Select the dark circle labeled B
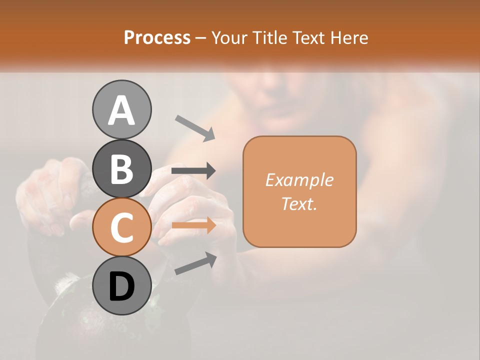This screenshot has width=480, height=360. [x=121, y=168]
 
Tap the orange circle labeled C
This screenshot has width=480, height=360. [x=121, y=227]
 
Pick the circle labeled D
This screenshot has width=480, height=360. [x=121, y=286]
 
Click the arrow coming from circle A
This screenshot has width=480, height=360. [x=195, y=127]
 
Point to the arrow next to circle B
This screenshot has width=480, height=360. [x=193, y=171]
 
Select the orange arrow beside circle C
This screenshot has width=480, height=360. [x=193, y=225]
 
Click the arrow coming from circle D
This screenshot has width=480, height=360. [x=195, y=263]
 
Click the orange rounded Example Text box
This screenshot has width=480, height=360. [x=299, y=191]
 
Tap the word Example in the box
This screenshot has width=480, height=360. [x=299, y=180]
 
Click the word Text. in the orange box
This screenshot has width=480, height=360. [x=299, y=203]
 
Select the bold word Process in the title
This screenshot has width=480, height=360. [x=157, y=37]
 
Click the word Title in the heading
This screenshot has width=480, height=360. [x=269, y=37]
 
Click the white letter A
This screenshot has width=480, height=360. [x=121, y=110]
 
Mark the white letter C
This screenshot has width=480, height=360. [x=121, y=228]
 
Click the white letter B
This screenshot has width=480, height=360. [x=121, y=169]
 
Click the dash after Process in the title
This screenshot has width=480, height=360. [x=200, y=38]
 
